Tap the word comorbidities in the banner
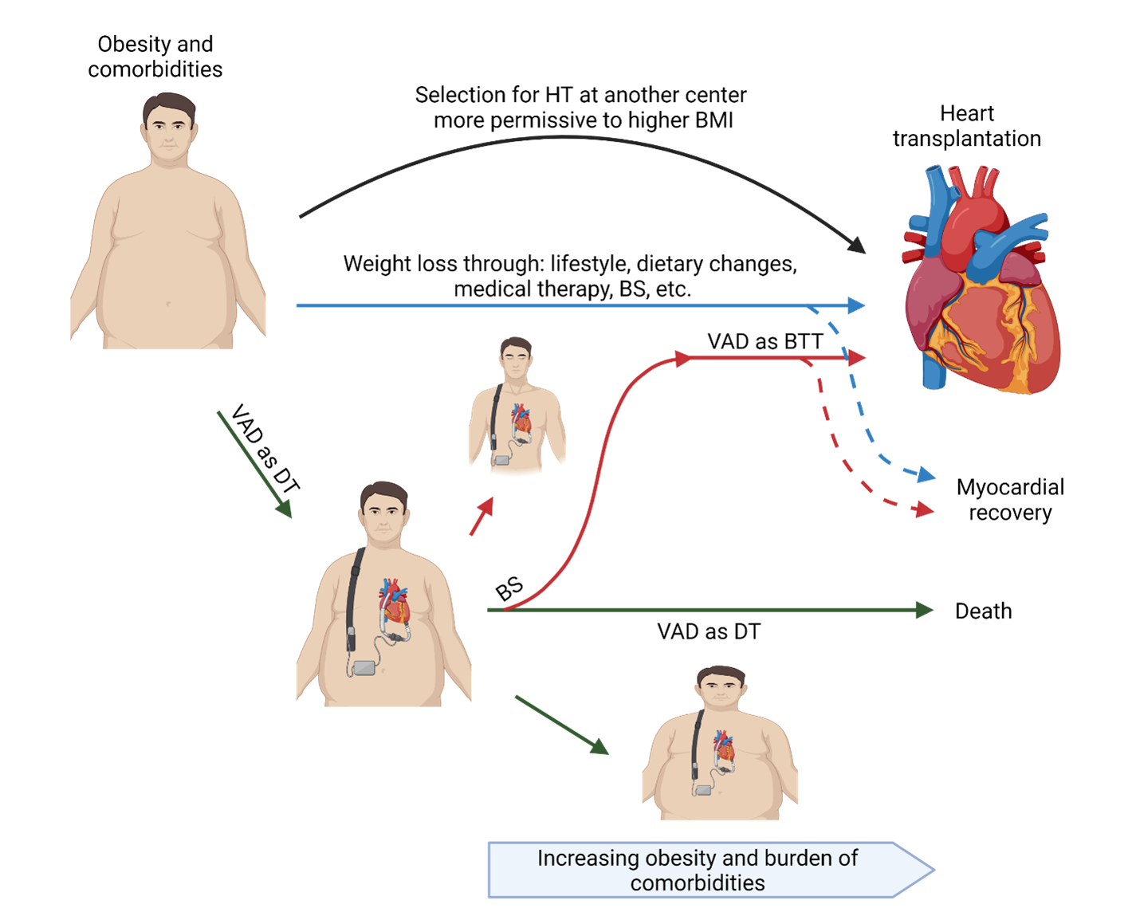click(x=697, y=883)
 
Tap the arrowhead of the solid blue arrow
click(x=857, y=305)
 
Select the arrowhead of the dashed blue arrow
click(x=926, y=476)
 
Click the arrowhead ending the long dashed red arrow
click(x=925, y=509)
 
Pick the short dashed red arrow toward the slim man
click(x=481, y=516)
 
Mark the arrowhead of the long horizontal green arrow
click(x=925, y=610)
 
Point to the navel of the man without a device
click(x=168, y=303)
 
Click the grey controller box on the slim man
click(x=502, y=460)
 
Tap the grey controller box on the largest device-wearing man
click(x=364, y=667)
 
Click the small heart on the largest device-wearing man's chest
click(x=395, y=602)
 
